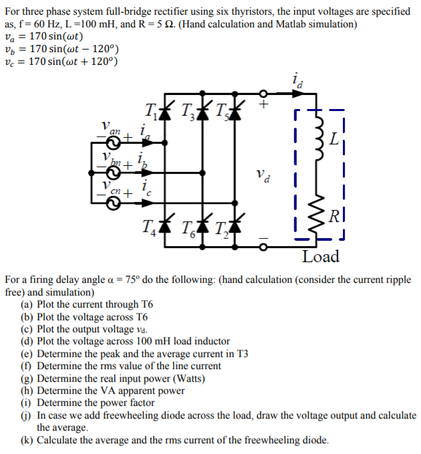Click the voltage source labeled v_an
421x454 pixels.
tap(111, 142)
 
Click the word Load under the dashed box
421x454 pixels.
tap(320, 257)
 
